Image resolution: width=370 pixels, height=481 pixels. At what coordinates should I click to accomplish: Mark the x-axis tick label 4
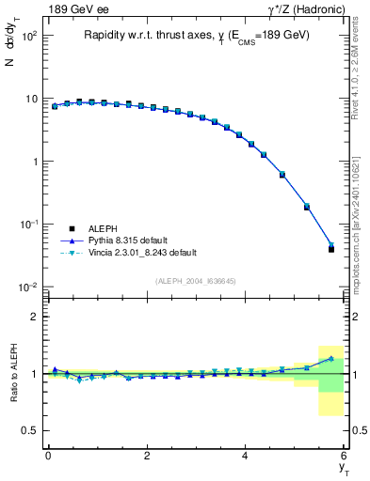click(x=246, y=456)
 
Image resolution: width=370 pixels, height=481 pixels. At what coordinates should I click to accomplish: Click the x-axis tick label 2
click(x=147, y=456)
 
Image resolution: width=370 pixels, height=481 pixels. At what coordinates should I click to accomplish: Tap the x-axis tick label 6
click(x=345, y=456)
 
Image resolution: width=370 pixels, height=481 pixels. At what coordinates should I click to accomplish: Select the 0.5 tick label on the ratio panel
click(x=28, y=430)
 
